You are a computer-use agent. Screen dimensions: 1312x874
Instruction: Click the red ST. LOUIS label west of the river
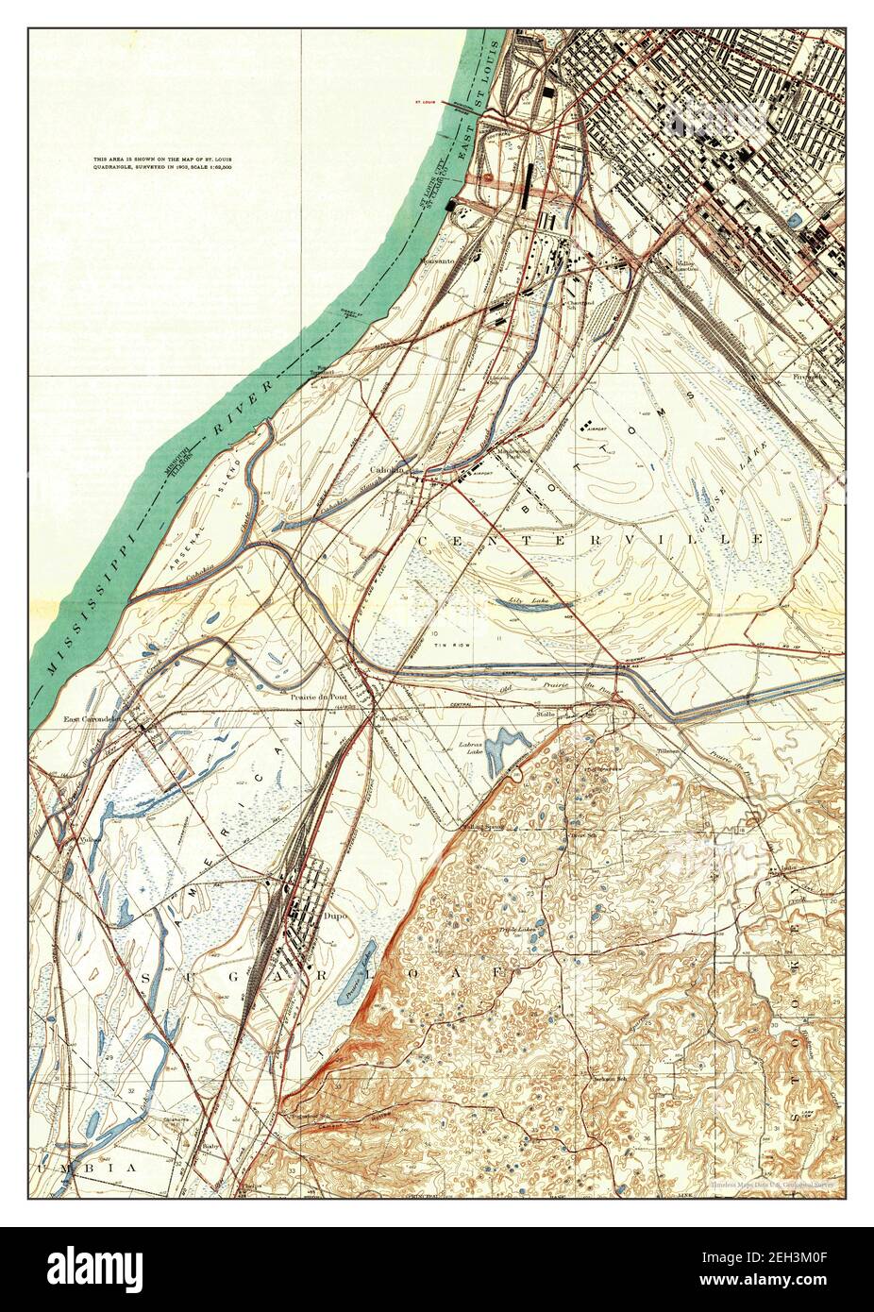click(x=427, y=100)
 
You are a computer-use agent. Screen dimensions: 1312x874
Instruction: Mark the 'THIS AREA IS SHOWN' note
click(x=163, y=162)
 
